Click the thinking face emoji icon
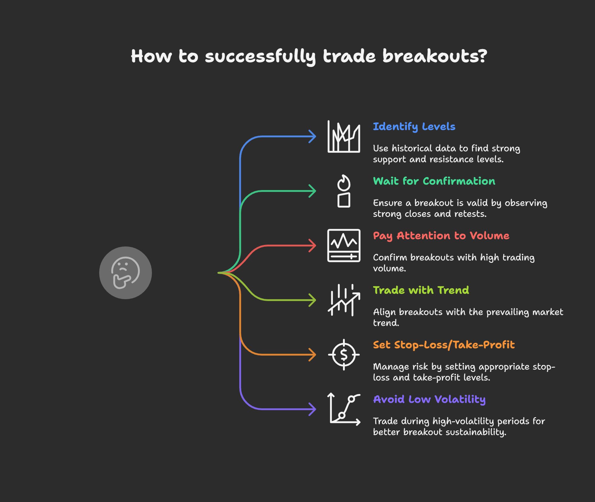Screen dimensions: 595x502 tap(125, 273)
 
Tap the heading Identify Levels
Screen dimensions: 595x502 tap(414, 126)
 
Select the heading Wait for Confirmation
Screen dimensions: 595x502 tap(434, 181)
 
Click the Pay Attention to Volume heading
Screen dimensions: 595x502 tap(441, 236)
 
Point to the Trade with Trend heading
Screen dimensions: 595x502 tap(421, 290)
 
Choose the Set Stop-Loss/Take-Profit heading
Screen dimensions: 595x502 tap(444, 345)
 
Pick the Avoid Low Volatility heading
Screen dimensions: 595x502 tap(429, 399)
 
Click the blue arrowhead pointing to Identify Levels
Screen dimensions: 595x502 tap(313, 136)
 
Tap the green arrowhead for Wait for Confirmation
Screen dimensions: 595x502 tap(313, 191)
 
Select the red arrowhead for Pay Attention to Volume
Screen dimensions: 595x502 tap(313, 246)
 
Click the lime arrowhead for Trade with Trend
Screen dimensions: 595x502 tap(313, 300)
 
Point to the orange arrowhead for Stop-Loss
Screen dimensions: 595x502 tap(313, 355)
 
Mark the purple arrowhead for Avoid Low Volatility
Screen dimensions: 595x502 tap(313, 409)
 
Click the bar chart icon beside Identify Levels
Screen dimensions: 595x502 tap(344, 136)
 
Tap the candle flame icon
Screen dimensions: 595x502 tap(344, 191)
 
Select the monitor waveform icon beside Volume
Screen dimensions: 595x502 tap(344, 246)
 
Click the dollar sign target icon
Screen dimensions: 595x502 tap(344, 355)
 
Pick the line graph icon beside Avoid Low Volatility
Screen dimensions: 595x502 tap(344, 409)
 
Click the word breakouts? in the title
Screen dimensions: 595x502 tap(435, 56)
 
